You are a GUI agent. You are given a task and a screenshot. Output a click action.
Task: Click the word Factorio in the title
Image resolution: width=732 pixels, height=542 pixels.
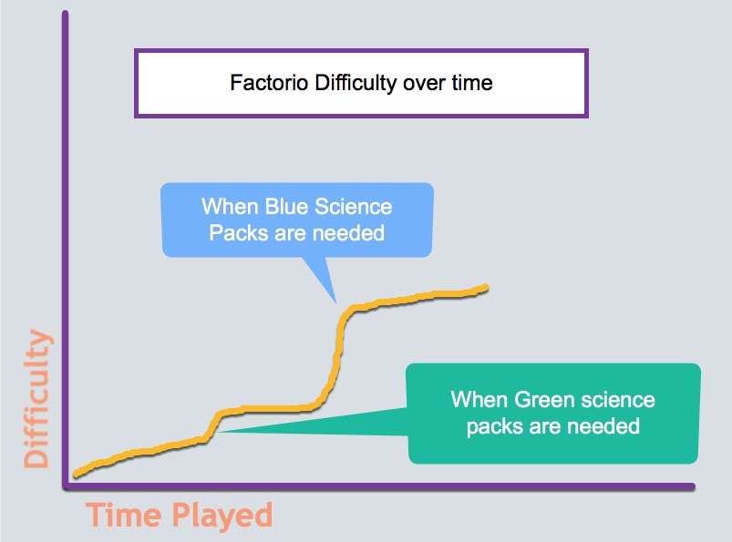pos(269,83)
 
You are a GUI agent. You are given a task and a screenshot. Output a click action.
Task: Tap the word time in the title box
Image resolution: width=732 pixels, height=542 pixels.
pos(472,83)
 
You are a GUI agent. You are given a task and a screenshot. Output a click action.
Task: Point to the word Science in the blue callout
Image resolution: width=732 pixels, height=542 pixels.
pos(354,207)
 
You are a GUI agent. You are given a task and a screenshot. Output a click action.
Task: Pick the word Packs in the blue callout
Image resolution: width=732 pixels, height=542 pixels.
pos(238,233)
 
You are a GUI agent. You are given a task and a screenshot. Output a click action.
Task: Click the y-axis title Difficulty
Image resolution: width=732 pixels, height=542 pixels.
pos(36,398)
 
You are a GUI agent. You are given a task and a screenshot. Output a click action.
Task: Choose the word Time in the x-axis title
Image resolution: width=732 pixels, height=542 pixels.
pos(125,515)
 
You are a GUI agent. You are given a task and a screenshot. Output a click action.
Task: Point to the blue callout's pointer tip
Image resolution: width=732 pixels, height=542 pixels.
pos(336,303)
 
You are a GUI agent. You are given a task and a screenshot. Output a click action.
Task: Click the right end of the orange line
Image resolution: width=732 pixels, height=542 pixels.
pos(486,287)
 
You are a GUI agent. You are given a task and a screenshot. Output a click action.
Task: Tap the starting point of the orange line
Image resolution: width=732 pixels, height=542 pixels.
pos(76,475)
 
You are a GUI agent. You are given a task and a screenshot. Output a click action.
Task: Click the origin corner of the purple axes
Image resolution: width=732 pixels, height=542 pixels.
pos(66,486)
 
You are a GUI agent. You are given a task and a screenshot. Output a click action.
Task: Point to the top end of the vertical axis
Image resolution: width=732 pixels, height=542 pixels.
pos(66,13)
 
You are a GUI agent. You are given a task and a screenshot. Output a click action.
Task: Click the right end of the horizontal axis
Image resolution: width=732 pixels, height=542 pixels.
pos(693,486)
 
